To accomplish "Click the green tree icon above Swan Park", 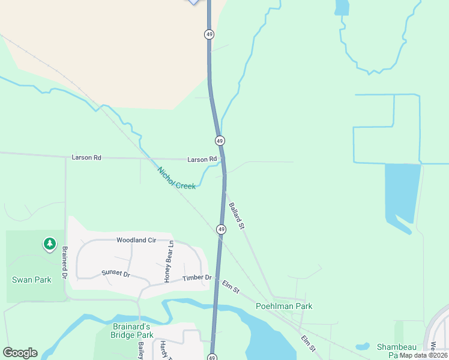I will [49, 244].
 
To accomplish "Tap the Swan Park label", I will [32, 280].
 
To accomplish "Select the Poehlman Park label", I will [284, 306].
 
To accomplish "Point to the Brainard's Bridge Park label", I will [132, 331].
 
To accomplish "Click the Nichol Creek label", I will [176, 178].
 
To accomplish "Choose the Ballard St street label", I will [237, 217].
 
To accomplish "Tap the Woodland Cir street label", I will [136, 240].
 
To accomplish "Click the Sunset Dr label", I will [116, 273].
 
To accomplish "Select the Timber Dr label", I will [197, 277].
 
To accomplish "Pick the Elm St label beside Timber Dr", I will [231, 287].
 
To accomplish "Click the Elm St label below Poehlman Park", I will [309, 343].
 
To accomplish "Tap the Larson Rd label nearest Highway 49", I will [202, 159].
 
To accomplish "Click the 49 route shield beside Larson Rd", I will [220, 140].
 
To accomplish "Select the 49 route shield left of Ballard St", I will [221, 229].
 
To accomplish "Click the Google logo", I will [20, 353].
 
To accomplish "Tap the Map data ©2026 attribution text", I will [424, 355].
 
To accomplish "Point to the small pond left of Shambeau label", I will [362, 346].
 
